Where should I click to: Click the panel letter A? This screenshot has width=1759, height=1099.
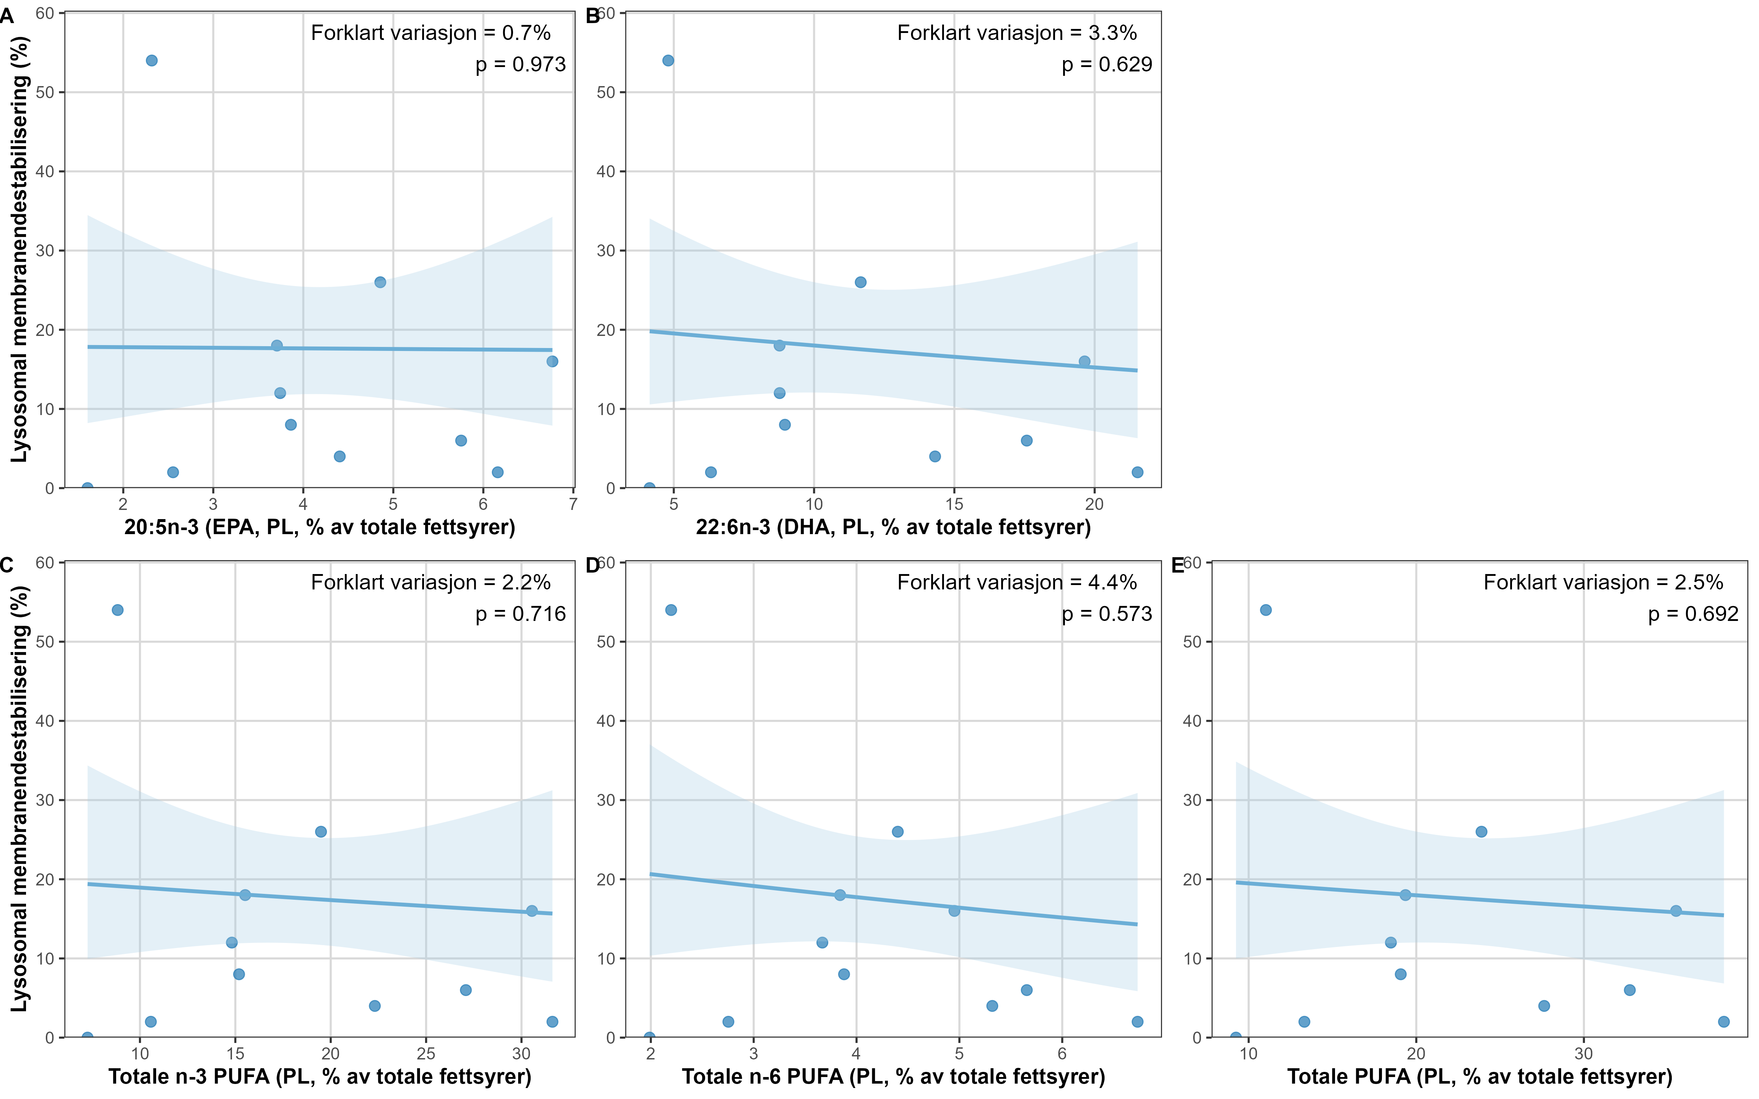click(7, 16)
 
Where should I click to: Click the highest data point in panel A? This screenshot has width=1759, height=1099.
click(151, 60)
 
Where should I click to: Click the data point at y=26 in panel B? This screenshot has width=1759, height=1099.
click(860, 282)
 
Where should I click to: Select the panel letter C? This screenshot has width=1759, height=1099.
click(7, 566)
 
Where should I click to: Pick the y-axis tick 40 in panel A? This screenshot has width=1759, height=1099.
click(45, 171)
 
